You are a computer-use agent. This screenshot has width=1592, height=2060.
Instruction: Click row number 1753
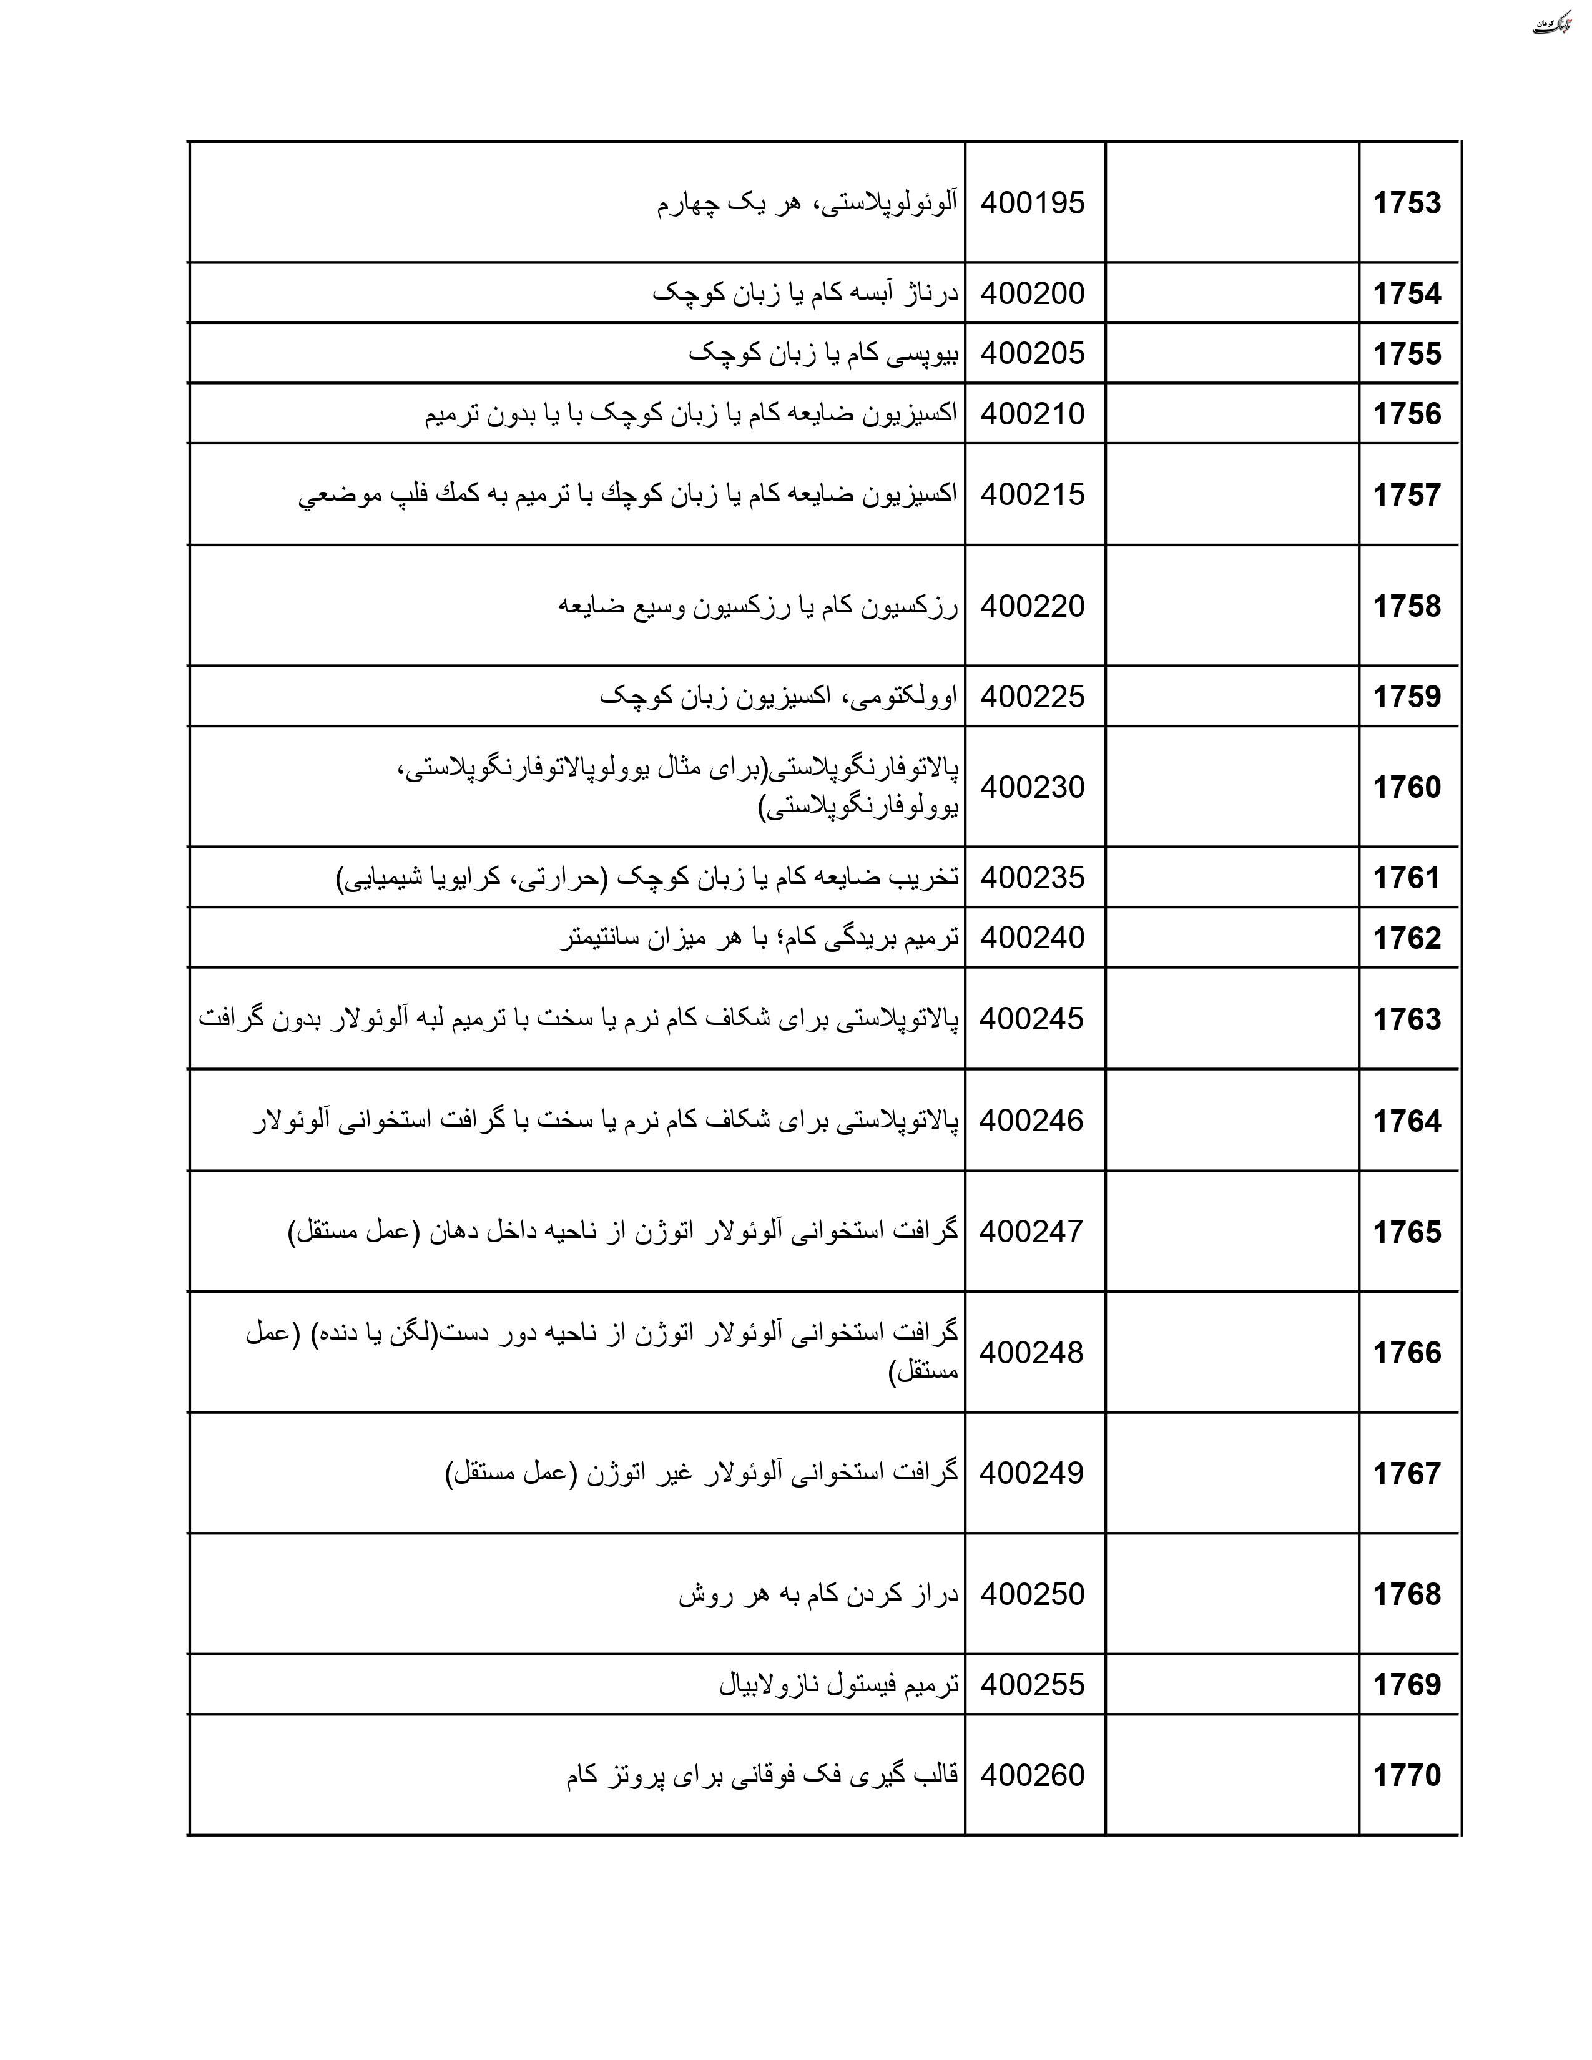1406,203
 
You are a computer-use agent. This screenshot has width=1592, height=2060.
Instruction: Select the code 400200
1033,293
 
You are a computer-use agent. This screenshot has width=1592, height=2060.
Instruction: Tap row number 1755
1406,354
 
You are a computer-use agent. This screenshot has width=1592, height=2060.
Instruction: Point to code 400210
1033,413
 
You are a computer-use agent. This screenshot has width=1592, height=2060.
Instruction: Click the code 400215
1033,494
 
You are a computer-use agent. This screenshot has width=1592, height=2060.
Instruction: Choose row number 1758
1406,606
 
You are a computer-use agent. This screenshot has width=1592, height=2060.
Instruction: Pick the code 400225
1033,696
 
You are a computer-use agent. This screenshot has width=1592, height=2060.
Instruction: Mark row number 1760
1406,787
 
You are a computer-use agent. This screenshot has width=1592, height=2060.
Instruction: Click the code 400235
1033,877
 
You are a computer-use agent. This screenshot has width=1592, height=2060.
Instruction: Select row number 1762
1406,938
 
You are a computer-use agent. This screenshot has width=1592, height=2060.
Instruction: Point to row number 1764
1406,1121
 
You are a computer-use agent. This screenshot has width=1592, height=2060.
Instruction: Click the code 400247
1032,1231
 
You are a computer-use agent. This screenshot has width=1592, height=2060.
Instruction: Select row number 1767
1406,1473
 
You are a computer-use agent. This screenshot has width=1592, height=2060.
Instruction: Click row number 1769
1406,1685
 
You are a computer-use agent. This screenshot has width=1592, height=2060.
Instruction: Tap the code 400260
1033,1775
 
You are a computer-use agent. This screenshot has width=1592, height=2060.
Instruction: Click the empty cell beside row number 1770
1232,1775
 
